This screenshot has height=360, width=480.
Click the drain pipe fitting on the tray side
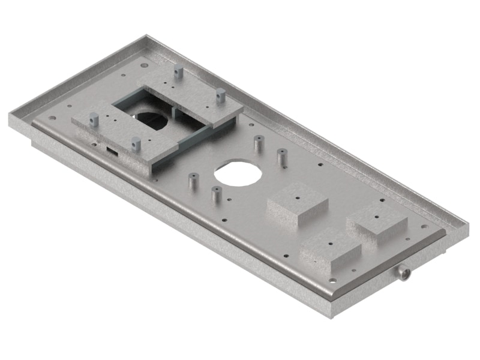(x=403, y=274)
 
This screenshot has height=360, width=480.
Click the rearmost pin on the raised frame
(x=178, y=73)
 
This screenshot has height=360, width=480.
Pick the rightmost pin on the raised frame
(x=221, y=94)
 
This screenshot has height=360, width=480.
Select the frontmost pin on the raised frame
(x=136, y=144)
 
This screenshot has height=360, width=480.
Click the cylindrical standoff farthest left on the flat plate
(x=193, y=181)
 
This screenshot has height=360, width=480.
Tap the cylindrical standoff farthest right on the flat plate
(x=280, y=157)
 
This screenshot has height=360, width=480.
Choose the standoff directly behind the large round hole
(x=258, y=144)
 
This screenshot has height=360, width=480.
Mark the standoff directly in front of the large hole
(x=216, y=194)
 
